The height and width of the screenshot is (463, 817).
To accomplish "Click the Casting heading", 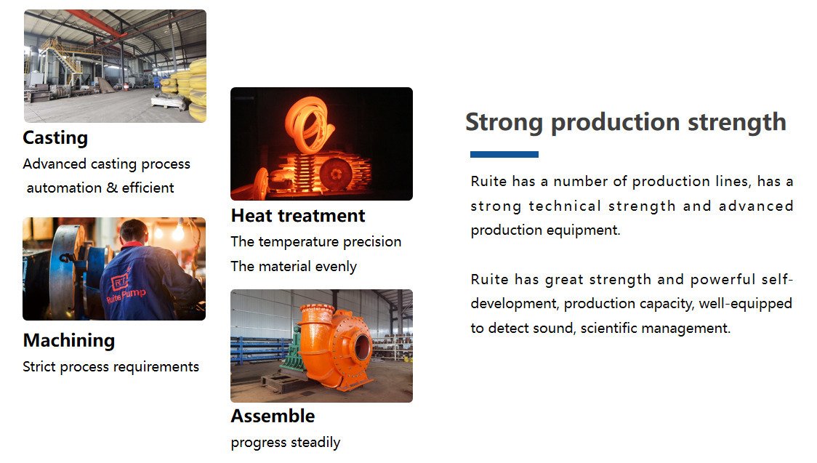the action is pos(55,138).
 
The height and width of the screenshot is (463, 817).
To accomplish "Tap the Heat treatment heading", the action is pos(298,216).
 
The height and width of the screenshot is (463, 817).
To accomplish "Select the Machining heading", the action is pos(69,341).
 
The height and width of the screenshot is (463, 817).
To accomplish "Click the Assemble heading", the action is pos(273,416).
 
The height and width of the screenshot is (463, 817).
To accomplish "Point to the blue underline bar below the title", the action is pos(504,154).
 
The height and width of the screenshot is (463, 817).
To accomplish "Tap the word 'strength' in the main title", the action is pos(737,123).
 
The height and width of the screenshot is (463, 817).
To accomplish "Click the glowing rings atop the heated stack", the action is pos(308,125).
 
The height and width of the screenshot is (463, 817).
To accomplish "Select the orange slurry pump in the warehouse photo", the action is pos(334,348).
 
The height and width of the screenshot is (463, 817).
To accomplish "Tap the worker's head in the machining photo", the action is pos(134,231).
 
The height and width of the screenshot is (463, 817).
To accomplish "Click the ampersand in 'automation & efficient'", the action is pos(112,188).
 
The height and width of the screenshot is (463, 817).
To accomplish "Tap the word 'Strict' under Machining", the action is pos(39,367).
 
